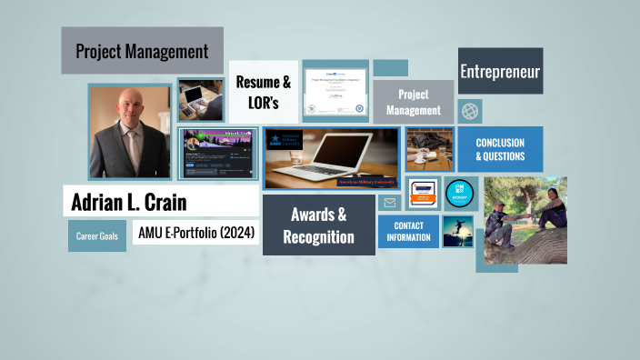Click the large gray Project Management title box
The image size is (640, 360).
(x=142, y=51)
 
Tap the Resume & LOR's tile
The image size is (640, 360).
(x=264, y=92)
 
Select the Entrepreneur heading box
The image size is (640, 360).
(x=500, y=71)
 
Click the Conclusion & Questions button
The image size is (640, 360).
(x=500, y=149)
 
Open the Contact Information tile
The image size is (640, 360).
(x=408, y=231)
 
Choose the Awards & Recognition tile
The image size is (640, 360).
(x=318, y=225)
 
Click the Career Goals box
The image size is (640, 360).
(x=96, y=236)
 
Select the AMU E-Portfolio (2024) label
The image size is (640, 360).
(x=195, y=234)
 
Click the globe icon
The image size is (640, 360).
(x=470, y=111)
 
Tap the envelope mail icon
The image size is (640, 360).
(x=390, y=203)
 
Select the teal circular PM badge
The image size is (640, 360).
(x=459, y=194)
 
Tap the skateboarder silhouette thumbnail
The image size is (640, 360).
(x=457, y=232)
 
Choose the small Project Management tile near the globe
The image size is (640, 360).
(x=414, y=102)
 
